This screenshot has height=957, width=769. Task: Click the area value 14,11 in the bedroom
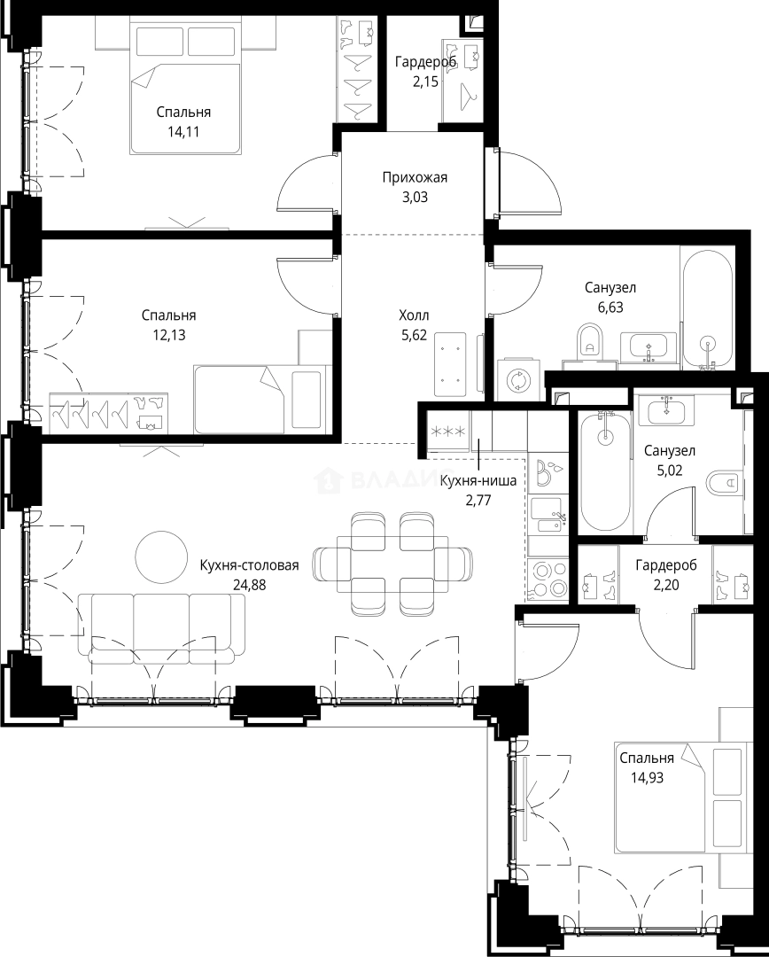(x=183, y=132)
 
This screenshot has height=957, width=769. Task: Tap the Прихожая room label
(x=415, y=177)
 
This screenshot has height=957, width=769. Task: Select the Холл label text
(x=414, y=315)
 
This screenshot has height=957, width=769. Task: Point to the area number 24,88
(x=250, y=585)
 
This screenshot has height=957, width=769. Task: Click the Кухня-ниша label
(x=478, y=481)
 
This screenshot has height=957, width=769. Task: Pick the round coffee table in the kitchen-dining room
(x=161, y=556)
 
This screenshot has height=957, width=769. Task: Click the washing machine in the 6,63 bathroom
(x=519, y=380)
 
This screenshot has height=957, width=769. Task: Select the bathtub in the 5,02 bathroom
(x=605, y=471)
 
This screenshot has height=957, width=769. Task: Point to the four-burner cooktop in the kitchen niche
(x=548, y=579)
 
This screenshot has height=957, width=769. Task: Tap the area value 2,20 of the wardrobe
(x=666, y=585)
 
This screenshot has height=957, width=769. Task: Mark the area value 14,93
(x=647, y=778)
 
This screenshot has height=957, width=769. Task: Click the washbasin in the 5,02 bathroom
(x=666, y=409)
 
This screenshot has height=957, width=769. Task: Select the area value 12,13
(x=168, y=335)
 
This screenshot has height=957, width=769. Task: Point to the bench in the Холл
(x=450, y=364)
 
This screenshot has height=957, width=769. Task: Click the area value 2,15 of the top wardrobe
(x=425, y=82)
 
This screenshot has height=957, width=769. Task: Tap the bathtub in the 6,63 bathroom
(x=707, y=308)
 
